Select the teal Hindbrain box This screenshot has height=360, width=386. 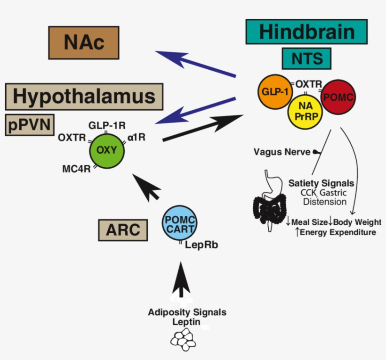[x=306, y=32]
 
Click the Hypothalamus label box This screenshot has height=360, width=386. [x=84, y=96]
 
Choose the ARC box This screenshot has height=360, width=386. [x=123, y=230]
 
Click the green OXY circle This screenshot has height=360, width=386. [x=106, y=150]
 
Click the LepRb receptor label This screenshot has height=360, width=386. [x=201, y=245]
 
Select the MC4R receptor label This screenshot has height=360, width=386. [x=76, y=169]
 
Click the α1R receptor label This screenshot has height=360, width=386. [x=136, y=138]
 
